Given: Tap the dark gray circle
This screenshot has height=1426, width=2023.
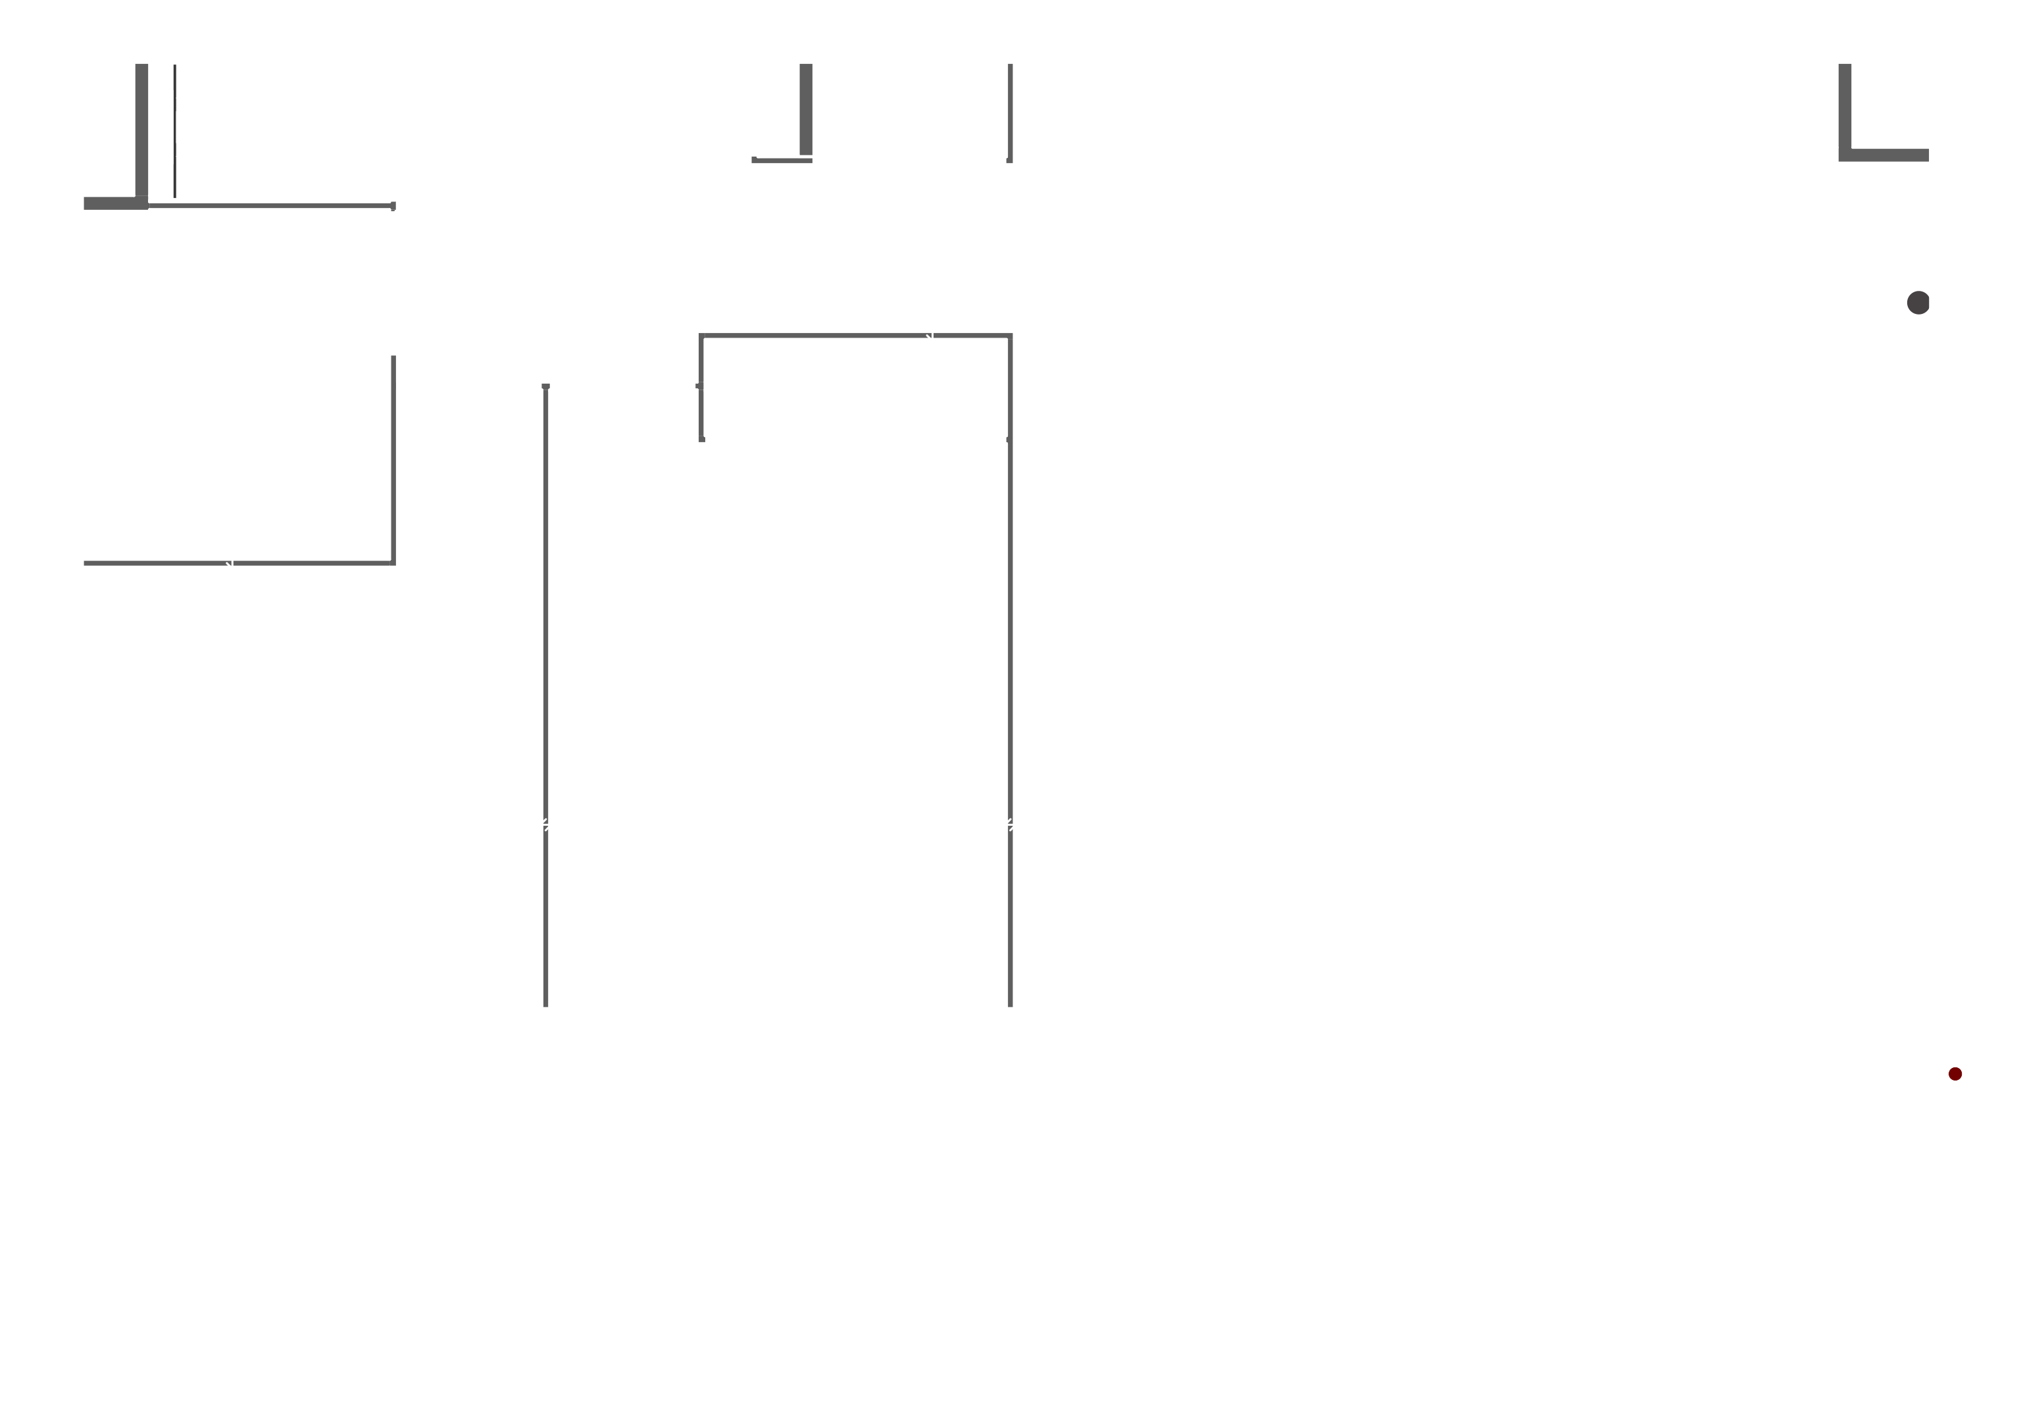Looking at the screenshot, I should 1917,302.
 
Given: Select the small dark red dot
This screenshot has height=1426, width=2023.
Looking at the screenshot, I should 1955,1073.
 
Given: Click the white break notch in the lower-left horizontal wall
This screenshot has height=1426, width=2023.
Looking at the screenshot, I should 230,563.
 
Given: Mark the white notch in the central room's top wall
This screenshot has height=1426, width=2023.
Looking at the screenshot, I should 930,336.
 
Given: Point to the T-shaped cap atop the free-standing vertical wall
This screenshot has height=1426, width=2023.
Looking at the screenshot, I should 545,386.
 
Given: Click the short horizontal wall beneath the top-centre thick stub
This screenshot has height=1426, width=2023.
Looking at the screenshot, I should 782,161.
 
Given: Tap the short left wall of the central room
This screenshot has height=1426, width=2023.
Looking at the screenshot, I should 701,388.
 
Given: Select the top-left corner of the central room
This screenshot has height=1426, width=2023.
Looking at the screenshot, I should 701,336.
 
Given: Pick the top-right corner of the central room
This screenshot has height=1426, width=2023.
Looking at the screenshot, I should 1010,336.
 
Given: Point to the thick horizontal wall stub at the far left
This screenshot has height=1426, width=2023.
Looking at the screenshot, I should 109,203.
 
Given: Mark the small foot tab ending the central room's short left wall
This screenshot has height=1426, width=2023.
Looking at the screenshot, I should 702,439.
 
